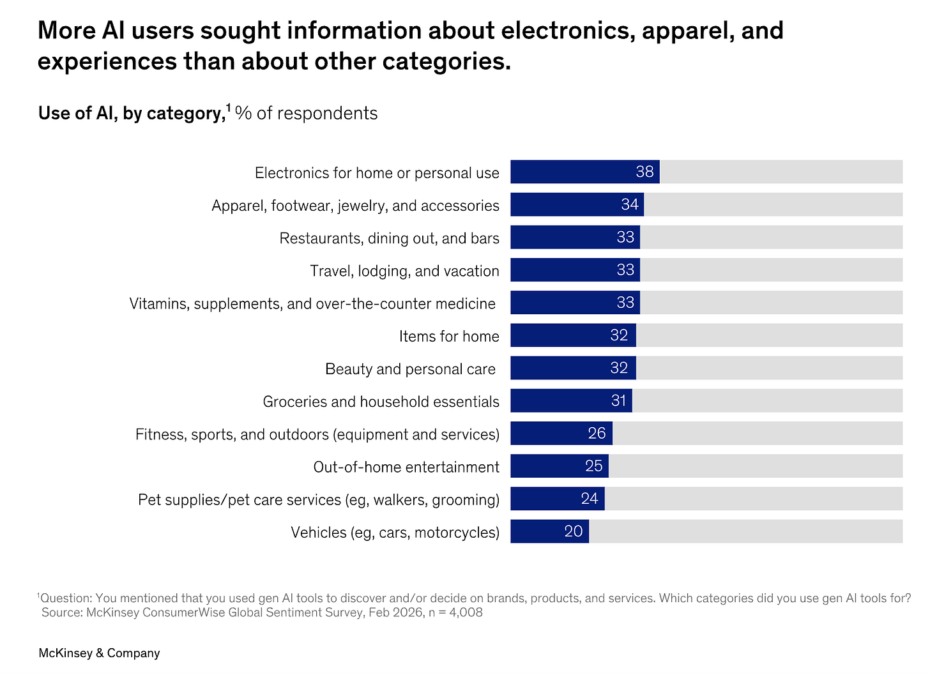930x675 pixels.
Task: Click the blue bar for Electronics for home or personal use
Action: click(575, 172)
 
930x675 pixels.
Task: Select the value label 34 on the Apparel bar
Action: click(630, 204)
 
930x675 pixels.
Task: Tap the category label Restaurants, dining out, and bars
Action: click(389, 238)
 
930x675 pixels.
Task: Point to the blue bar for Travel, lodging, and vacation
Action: click(562, 270)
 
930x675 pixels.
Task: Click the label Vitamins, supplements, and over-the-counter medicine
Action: click(312, 303)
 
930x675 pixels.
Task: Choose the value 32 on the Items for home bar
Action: click(619, 335)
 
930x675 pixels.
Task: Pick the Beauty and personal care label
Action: click(410, 369)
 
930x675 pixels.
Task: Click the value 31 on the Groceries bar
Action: click(618, 400)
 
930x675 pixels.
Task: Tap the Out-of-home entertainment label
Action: click(406, 467)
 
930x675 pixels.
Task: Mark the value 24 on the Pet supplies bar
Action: click(590, 499)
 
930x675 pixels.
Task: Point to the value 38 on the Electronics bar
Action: click(644, 172)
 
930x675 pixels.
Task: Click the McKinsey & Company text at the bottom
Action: click(99, 653)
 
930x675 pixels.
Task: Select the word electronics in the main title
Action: click(568, 31)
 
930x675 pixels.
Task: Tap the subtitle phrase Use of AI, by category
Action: click(130, 114)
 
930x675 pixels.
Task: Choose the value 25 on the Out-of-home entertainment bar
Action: click(593, 466)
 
